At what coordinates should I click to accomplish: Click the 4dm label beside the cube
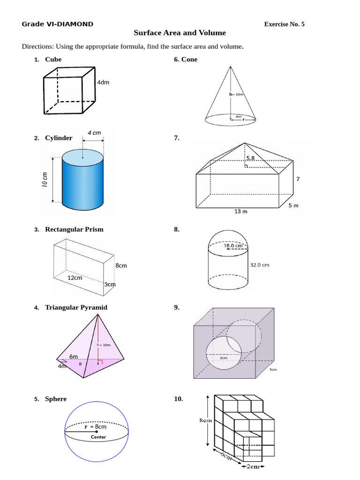click(103, 82)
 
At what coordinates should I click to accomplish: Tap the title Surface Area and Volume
click(180, 33)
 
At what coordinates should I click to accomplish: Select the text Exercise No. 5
click(284, 24)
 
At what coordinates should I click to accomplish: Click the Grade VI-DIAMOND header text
click(57, 24)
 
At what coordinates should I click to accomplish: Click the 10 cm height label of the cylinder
click(45, 180)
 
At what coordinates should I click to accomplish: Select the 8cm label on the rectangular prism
click(121, 266)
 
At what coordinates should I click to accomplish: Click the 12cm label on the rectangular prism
click(75, 277)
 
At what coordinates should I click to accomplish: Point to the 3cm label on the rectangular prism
click(110, 285)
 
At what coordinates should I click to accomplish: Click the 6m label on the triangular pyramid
click(74, 357)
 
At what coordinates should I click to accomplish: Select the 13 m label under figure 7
click(241, 211)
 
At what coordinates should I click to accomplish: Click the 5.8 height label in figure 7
click(250, 158)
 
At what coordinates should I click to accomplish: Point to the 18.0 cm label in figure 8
click(233, 245)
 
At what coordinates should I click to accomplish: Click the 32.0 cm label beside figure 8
click(260, 265)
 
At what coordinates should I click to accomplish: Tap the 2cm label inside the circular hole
click(224, 358)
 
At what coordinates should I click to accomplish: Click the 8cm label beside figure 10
click(205, 420)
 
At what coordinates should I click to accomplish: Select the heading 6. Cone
click(186, 60)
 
